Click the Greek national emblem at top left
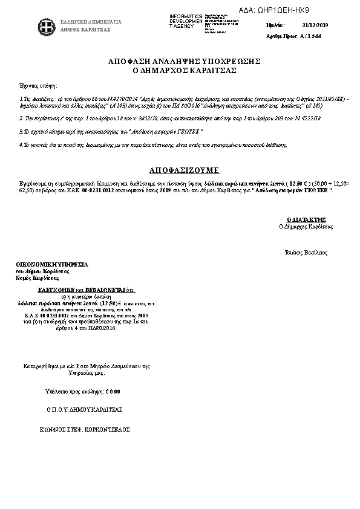[44, 25]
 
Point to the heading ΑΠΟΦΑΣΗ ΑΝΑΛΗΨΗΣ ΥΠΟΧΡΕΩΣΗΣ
[184, 62]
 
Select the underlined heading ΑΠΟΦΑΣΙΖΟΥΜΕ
[184, 170]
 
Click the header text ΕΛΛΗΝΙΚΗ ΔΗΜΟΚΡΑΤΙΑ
[91, 22]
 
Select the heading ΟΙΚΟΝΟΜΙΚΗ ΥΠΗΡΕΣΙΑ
[52, 265]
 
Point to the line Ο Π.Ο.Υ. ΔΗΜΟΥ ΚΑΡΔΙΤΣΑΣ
[84, 409]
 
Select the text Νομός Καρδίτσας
[38, 279]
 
